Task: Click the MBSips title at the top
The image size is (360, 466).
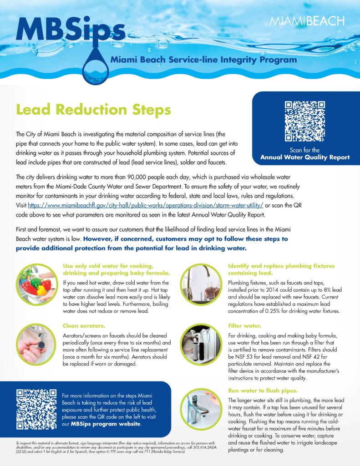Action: click(71, 30)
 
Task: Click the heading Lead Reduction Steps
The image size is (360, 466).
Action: click(93, 110)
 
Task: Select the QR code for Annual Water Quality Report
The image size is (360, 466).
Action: click(305, 121)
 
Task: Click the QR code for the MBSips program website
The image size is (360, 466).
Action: click(36, 409)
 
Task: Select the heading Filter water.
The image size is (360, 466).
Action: click(244, 326)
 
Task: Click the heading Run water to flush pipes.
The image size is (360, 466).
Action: click(262, 390)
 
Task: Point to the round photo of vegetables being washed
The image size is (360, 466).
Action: click(36, 284)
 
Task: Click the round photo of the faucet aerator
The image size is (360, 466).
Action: click(36, 345)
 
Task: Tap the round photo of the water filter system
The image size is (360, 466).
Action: click(201, 345)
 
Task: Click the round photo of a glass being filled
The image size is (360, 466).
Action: click(201, 284)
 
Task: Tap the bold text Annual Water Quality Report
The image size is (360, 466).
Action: click(305, 158)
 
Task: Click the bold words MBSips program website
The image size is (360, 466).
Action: click(105, 424)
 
